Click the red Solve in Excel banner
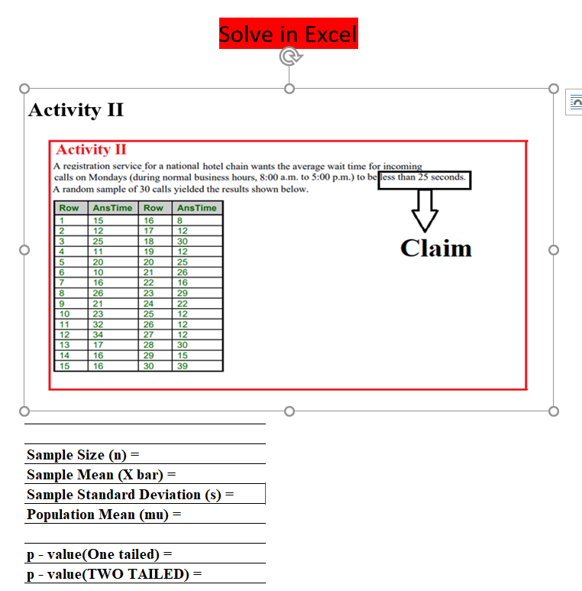(x=288, y=34)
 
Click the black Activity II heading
(x=76, y=110)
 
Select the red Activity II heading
(x=91, y=150)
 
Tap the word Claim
(x=436, y=248)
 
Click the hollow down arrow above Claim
(x=424, y=209)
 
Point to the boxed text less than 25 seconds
(x=424, y=178)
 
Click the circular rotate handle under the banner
(x=288, y=57)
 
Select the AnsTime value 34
(x=98, y=334)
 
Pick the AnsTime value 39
(x=182, y=366)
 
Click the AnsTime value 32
(x=98, y=324)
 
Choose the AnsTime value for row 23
(x=182, y=293)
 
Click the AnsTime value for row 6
(x=98, y=272)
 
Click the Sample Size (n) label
(x=83, y=455)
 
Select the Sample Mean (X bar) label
(x=102, y=475)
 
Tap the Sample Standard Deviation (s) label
(x=131, y=495)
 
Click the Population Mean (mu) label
(x=105, y=515)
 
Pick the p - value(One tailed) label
(x=99, y=554)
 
